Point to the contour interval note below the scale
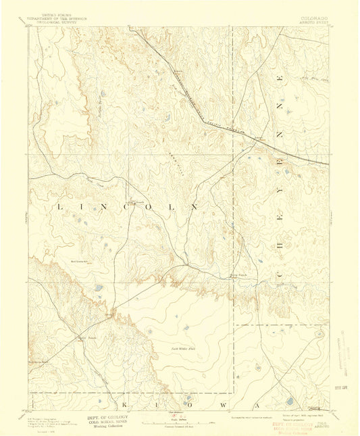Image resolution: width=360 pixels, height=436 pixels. (180, 427)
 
